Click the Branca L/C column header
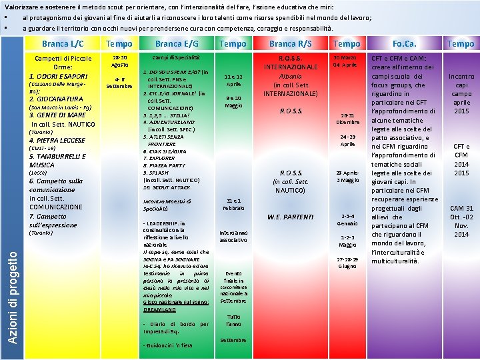coord(63,44)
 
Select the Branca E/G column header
coord(177,44)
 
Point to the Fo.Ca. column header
coord(405,44)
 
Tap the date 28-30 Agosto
coord(120,61)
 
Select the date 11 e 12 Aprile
coord(233,81)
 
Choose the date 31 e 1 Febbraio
coord(233,204)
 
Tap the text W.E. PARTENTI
coord(291,217)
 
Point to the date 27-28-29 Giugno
coord(347,262)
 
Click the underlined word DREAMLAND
coord(160,309)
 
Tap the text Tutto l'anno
coord(233,321)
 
